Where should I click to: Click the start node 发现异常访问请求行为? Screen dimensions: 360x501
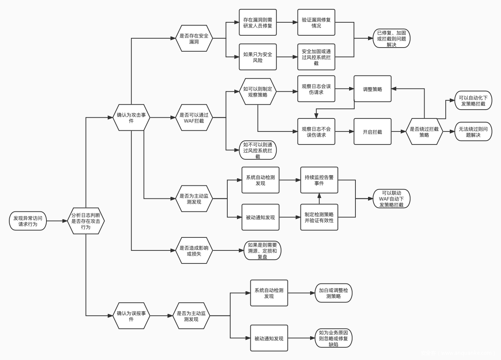28,221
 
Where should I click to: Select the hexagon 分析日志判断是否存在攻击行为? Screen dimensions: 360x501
86,221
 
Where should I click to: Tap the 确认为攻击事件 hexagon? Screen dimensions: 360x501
131,118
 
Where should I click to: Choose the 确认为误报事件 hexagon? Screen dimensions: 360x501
131,316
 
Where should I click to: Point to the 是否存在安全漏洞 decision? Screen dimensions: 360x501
194,39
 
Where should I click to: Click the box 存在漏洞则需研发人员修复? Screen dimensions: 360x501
258,23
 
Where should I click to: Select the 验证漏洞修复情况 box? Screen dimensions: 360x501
316,23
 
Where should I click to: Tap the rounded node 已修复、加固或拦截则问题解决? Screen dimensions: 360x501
391,39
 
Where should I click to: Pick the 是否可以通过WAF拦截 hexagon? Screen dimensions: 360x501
194,118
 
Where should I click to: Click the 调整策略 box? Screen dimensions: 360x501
373,89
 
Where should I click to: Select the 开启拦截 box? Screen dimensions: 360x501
373,132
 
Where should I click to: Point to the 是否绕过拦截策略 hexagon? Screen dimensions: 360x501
424,132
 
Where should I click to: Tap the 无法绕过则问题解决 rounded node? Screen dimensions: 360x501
473,132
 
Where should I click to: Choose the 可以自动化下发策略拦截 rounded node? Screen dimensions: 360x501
473,101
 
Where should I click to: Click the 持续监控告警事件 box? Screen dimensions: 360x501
319,180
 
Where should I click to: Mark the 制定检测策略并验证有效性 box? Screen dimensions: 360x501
319,217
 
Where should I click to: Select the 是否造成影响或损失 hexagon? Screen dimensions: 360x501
194,251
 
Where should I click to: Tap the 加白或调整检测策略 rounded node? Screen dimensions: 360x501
334,293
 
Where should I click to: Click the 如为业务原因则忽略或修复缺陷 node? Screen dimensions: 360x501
334,338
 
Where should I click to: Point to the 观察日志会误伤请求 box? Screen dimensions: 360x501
316,89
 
